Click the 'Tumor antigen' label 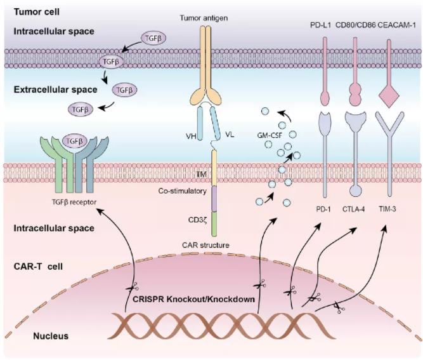click(x=204, y=18)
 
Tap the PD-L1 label click(x=320, y=26)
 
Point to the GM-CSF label click(x=270, y=135)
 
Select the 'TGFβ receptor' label click(x=74, y=202)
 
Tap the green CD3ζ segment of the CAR click(x=214, y=224)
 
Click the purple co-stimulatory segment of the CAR click(x=214, y=199)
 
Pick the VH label click(x=191, y=136)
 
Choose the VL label click(x=230, y=134)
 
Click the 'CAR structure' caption click(x=205, y=245)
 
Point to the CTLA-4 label click(x=354, y=209)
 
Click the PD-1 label click(x=323, y=209)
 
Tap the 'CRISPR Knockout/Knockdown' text click(x=193, y=299)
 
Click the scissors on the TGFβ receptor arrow click(x=133, y=288)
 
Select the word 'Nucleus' click(x=51, y=336)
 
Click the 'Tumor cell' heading click(x=37, y=12)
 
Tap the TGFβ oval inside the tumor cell click(x=153, y=38)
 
